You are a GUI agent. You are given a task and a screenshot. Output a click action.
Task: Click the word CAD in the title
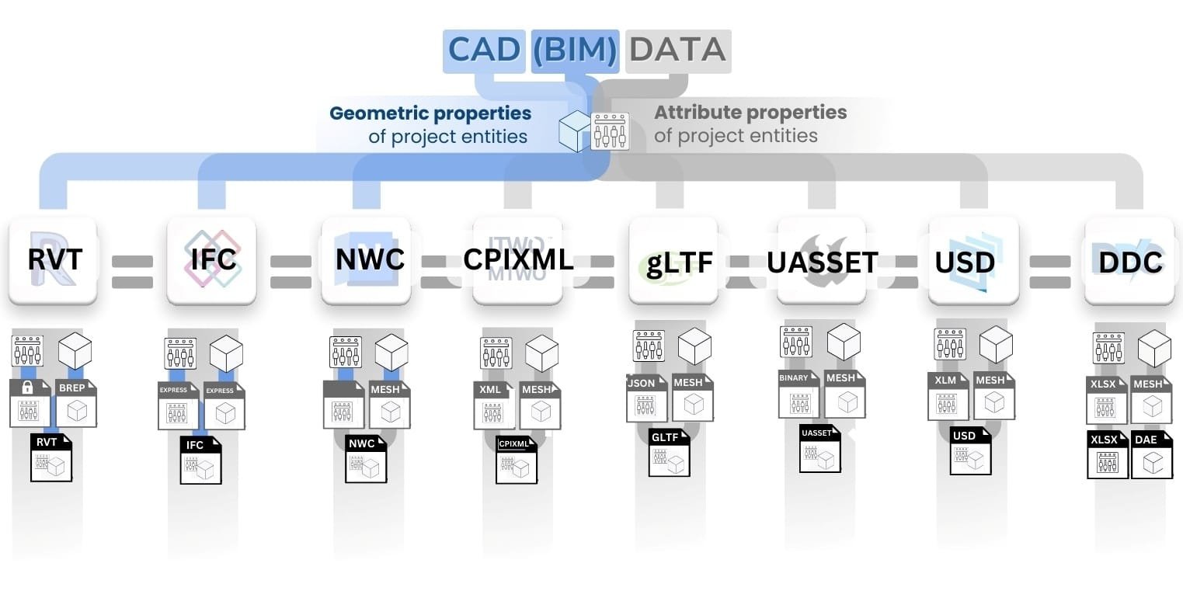[484, 50]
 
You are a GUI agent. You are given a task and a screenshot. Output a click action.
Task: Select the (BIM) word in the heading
[575, 50]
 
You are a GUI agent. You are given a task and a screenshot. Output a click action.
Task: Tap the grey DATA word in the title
[677, 50]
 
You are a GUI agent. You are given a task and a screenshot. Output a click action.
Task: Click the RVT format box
[53, 260]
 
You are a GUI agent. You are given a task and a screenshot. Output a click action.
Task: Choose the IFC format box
[212, 260]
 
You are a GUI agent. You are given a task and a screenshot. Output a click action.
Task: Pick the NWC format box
[366, 260]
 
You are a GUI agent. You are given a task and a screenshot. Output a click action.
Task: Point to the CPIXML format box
[517, 260]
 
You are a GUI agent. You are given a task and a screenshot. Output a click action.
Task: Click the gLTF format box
[673, 260]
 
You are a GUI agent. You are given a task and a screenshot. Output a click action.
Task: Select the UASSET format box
[822, 260]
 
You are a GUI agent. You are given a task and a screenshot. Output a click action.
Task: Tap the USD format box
[974, 260]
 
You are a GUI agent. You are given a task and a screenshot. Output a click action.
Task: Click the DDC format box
[1129, 260]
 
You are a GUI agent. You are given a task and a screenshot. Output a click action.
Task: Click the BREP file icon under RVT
[76, 403]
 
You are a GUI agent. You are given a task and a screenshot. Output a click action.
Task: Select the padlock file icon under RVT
[30, 403]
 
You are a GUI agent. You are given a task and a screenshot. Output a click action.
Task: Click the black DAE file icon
[1152, 455]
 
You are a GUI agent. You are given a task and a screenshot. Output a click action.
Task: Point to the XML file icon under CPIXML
[494, 405]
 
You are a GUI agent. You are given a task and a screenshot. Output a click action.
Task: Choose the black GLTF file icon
[669, 453]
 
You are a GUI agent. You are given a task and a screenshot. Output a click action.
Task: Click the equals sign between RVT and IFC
[133, 272]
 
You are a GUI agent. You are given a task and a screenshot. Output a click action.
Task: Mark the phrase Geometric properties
[430, 113]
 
